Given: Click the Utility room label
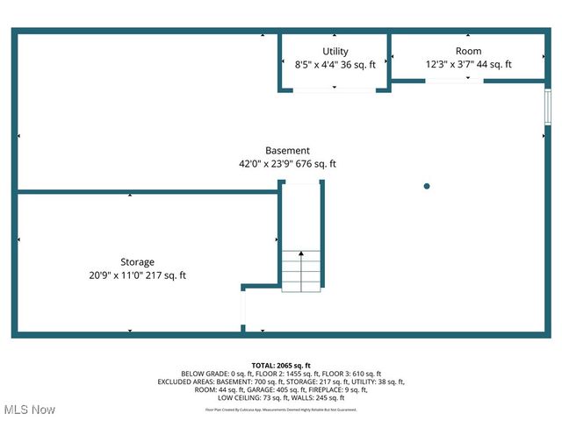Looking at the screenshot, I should (335, 52).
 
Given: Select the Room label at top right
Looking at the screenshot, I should (468, 52).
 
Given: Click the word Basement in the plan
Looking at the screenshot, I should (287, 151).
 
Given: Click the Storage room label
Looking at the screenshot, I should (137, 262).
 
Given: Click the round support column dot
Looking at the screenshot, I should (427, 186).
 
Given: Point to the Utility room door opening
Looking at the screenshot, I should (335, 89).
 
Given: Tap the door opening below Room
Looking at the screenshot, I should (454, 80).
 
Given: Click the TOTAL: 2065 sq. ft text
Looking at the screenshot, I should (281, 365).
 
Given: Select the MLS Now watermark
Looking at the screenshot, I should (29, 410).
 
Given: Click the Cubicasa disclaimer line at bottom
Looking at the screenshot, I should (281, 410).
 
